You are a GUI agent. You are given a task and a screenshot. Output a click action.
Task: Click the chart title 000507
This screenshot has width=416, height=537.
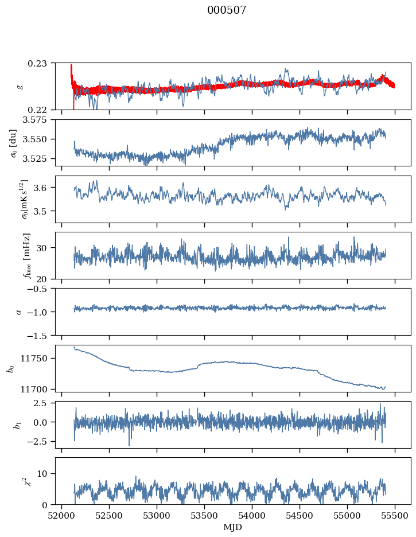[x=227, y=10]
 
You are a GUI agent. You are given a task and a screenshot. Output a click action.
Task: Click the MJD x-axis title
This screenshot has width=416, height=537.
[x=232, y=527]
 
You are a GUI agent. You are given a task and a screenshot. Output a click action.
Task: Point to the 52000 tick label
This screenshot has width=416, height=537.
[x=61, y=516]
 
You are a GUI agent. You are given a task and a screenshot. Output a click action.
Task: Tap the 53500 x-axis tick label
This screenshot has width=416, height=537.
[x=204, y=516]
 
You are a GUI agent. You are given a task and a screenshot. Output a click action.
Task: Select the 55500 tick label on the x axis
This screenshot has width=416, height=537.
[x=395, y=516]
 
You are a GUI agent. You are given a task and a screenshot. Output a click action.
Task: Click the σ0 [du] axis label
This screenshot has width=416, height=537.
[x=14, y=143]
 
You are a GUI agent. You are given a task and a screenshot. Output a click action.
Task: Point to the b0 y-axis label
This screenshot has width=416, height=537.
[x=11, y=368]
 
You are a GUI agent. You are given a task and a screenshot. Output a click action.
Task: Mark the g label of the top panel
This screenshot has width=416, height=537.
[x=21, y=87]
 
